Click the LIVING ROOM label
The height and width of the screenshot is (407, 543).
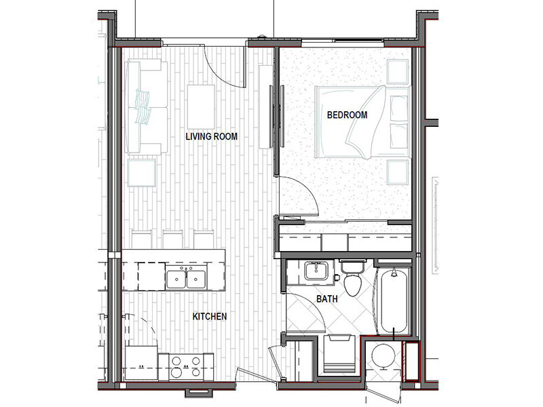coord(211,136)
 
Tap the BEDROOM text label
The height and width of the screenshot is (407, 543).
coord(347,115)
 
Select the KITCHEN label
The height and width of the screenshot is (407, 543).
coord(210,316)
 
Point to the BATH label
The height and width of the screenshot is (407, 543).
coord(327,298)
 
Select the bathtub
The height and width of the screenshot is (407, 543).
coord(394,301)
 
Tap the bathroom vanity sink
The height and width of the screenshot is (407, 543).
coord(316,271)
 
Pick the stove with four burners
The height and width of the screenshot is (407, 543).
coord(186,367)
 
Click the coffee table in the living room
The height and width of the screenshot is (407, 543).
coord(201,107)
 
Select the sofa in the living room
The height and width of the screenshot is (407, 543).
coord(146,106)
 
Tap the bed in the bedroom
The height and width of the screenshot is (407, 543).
coord(362,122)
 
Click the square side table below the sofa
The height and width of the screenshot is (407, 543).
coord(142,173)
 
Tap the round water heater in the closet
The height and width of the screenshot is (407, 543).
coord(383,355)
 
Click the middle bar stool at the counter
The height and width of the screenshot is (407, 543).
coord(173,239)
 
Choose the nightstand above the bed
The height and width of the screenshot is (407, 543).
coord(398,72)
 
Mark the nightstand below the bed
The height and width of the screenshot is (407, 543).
coord(398,172)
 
